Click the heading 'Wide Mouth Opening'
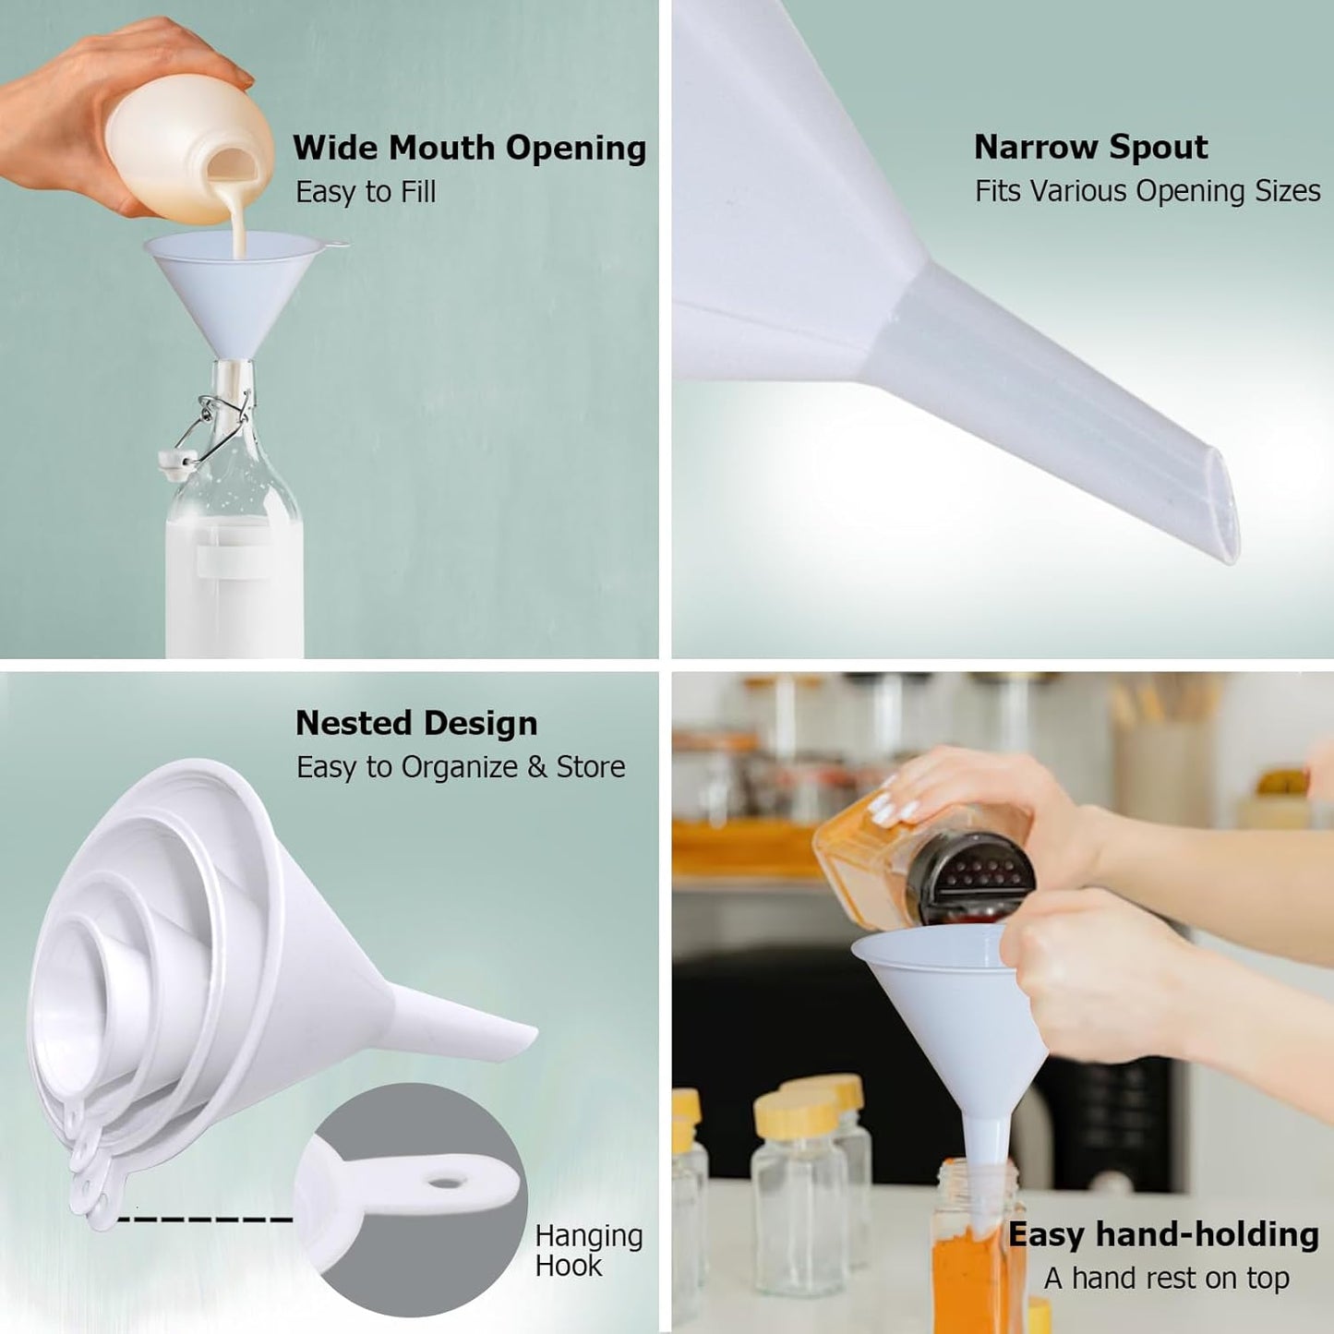click(x=469, y=148)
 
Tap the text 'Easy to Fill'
click(x=366, y=192)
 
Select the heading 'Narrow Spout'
click(x=1090, y=147)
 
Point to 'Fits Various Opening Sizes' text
click(x=1148, y=191)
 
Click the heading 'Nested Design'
click(x=416, y=723)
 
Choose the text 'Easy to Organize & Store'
click(x=461, y=767)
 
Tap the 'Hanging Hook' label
click(x=588, y=1250)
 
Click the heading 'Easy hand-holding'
click(x=1163, y=1234)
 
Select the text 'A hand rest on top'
click(x=1166, y=1279)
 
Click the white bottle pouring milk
click(x=185, y=138)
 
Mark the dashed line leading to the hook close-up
click(x=205, y=1220)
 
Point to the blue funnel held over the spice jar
click(x=951, y=1016)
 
